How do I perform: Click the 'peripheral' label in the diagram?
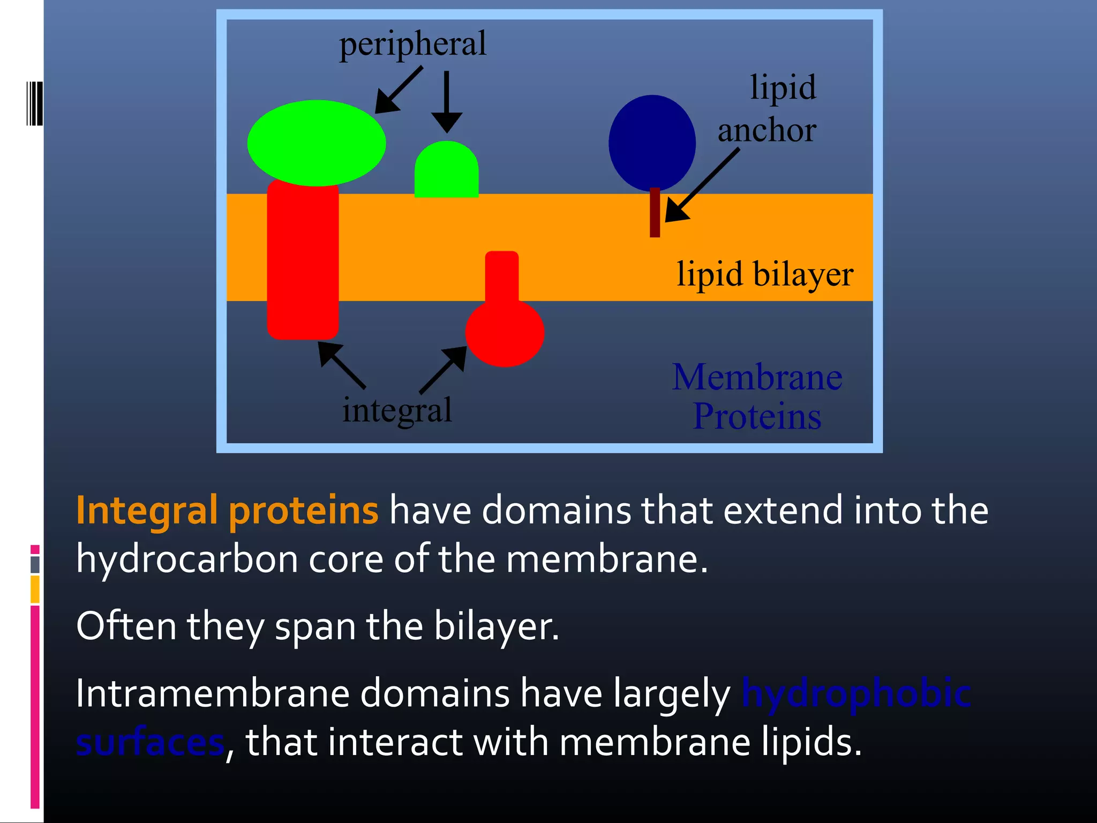click(x=412, y=45)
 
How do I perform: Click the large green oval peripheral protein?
click(x=316, y=143)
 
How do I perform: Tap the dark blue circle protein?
click(x=652, y=143)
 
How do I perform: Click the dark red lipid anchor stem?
click(x=655, y=214)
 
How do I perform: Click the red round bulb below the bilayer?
click(x=505, y=333)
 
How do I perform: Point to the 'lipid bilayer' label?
click(x=764, y=274)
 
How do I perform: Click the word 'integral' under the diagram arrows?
click(x=397, y=410)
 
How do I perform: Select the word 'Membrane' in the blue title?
click(x=757, y=377)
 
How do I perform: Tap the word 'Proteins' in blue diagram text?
click(x=757, y=417)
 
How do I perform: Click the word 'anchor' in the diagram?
click(x=767, y=130)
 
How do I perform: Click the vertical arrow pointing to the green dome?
click(x=446, y=102)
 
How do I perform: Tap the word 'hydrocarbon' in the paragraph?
click(x=187, y=559)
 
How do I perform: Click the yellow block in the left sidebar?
click(x=35, y=589)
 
